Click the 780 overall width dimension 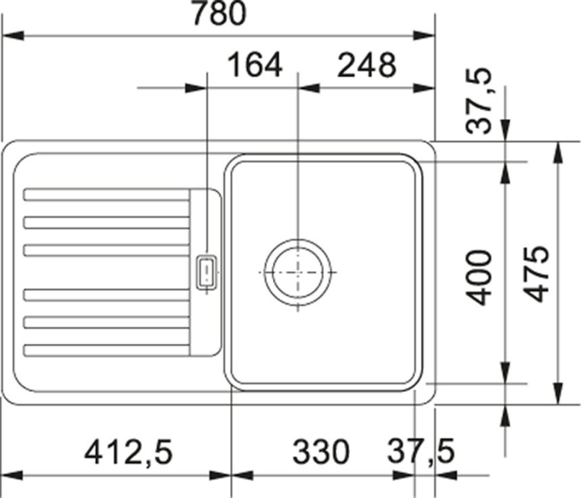click(220, 13)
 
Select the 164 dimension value click(255, 65)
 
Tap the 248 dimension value click(367, 65)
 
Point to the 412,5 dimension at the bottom click(129, 452)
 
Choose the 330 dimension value click(321, 452)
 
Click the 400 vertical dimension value click(478, 278)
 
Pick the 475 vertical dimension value click(537, 274)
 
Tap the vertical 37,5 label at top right click(480, 101)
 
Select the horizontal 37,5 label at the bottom click(421, 452)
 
